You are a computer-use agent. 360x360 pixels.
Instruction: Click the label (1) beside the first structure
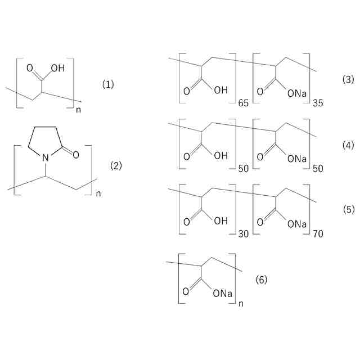(x=108, y=84)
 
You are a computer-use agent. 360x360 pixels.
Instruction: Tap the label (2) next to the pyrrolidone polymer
(x=116, y=165)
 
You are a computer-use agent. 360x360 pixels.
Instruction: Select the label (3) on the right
(x=348, y=79)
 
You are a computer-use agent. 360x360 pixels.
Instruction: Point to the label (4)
(x=348, y=145)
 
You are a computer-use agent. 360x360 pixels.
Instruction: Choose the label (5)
(x=348, y=209)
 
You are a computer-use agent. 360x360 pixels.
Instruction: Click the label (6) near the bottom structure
(x=262, y=280)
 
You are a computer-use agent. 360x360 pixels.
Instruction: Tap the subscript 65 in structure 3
(x=244, y=103)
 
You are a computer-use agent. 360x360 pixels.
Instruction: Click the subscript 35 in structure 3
(x=317, y=103)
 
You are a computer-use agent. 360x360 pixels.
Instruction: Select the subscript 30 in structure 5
(x=244, y=233)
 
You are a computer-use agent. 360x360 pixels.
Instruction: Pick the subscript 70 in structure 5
(x=317, y=233)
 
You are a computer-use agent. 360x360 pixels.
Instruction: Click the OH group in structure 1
(x=57, y=69)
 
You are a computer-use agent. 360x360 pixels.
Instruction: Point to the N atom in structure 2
(x=46, y=159)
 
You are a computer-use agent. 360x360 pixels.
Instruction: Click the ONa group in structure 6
(x=223, y=293)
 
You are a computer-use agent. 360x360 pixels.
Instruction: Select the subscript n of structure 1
(x=78, y=110)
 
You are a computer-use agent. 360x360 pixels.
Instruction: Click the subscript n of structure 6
(x=241, y=304)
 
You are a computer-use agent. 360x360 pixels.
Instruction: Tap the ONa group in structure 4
(x=297, y=158)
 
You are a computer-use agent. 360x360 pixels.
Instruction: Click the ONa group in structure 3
(x=297, y=92)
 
